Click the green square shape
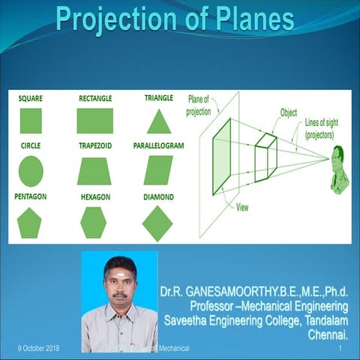point(31,121)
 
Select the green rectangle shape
point(94,121)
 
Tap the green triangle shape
point(159,121)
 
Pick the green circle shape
point(31,170)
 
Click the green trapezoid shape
point(94,170)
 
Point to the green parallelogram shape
point(158,170)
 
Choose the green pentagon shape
point(29,222)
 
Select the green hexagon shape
point(94,222)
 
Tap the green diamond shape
point(157,223)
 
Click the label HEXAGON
point(95,196)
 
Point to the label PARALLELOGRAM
point(159,146)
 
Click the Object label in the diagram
point(289,112)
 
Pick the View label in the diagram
point(242,208)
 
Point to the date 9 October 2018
point(39,349)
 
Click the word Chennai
point(328,334)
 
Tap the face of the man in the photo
point(120,284)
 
